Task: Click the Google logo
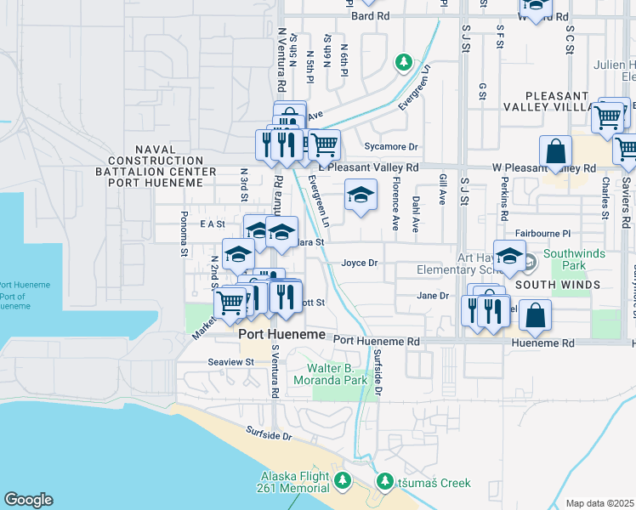(28, 500)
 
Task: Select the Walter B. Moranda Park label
(338, 374)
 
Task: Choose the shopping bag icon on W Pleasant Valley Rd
(555, 153)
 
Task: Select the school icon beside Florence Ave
(361, 196)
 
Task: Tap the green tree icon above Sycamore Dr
(404, 62)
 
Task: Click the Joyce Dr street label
(359, 263)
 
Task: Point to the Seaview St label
(231, 361)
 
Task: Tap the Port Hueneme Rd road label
(377, 340)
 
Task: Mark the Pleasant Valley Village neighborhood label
(558, 101)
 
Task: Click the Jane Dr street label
(433, 296)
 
